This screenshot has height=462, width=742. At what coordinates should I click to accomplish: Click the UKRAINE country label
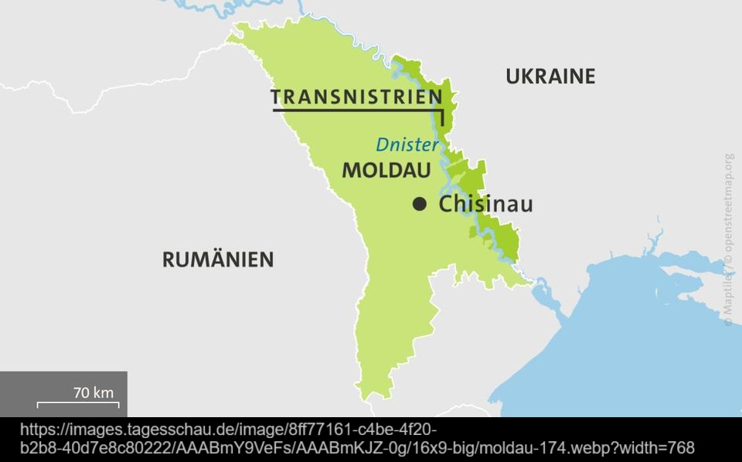[x=550, y=76]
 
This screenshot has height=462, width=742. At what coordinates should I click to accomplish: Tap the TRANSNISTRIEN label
[x=356, y=97]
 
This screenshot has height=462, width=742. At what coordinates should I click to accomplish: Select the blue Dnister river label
[x=407, y=144]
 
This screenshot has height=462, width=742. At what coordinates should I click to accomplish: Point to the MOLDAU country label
[x=386, y=170]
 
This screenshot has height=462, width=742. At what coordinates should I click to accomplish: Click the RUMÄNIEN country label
[x=218, y=260]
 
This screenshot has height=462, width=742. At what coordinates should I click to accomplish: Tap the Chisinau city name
[x=485, y=205]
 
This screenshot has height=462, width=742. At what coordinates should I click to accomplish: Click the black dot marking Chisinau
[x=420, y=204]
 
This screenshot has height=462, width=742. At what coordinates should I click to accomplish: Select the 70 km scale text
[x=93, y=392]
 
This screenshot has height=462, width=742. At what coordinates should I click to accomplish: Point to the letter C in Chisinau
[x=447, y=205]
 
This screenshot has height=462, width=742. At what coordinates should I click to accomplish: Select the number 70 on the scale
[x=81, y=392]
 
